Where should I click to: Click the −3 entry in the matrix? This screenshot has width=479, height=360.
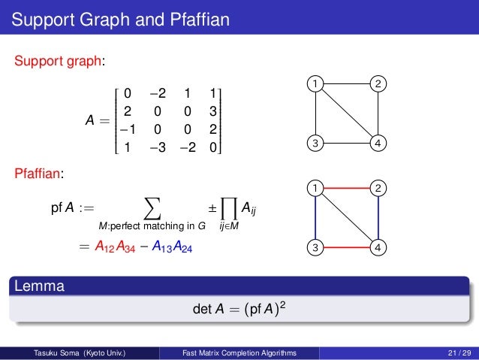click(x=155, y=147)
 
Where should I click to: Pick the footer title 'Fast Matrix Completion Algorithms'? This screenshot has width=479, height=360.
click(x=239, y=352)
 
